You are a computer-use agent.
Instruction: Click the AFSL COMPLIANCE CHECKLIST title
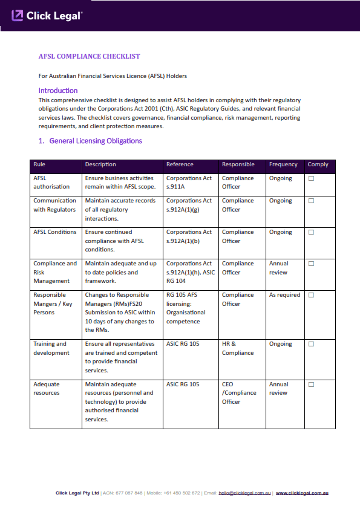[89, 56]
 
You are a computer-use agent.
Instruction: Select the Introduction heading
[57, 91]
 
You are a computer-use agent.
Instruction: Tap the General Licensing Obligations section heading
[90, 141]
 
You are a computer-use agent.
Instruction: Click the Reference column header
[180, 164]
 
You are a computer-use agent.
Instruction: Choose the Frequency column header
[283, 164]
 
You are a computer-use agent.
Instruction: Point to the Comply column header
[318, 164]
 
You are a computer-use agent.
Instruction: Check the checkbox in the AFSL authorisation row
[312, 178]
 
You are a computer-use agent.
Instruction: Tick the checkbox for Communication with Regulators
[312, 201]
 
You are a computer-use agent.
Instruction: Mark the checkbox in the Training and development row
[312, 344]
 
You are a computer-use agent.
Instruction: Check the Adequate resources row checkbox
[312, 384]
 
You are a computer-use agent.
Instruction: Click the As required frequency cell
[284, 295]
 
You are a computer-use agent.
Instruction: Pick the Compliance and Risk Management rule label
[55, 272]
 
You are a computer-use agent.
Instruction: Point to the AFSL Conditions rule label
[55, 232]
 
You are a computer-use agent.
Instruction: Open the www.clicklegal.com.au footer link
[302, 493]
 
